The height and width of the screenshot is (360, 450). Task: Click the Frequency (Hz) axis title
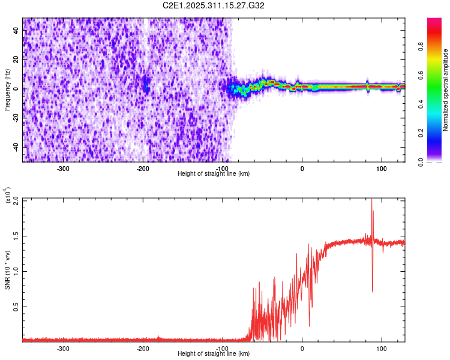(7, 90)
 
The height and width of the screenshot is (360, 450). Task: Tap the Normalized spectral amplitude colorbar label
(446, 90)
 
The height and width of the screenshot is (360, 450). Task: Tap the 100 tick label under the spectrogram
(381, 169)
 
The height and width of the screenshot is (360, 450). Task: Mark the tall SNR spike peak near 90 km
(371, 200)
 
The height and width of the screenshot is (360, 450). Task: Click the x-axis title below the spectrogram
(214, 174)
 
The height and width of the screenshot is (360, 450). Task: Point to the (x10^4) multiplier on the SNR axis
(8, 195)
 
